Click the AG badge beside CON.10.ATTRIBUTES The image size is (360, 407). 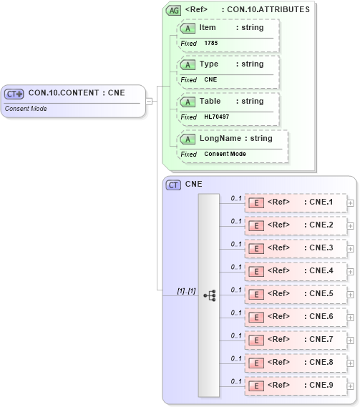pos(174,10)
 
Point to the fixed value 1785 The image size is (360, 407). pos(211,43)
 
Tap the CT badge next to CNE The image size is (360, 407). pos(173,185)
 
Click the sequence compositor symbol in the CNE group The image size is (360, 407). pos(209,295)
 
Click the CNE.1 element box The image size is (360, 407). pos(296,202)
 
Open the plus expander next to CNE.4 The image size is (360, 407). pos(350,272)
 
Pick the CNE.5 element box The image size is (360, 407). pos(296,294)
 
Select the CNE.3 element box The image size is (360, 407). pos(296,248)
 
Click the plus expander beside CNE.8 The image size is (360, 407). pos(350,363)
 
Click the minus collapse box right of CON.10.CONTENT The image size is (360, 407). pos(150,101)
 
